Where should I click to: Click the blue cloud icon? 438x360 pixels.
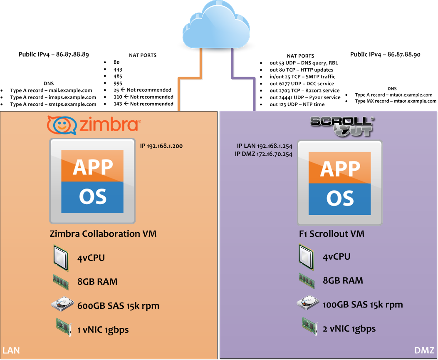coord(216,25)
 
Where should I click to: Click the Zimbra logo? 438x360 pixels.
coord(94,125)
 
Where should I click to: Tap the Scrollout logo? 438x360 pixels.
coord(342,127)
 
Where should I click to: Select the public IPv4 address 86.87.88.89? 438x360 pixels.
coord(54,54)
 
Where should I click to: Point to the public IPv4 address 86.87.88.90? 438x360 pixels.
coord(385,55)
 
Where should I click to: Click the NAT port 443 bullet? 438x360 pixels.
coord(118,70)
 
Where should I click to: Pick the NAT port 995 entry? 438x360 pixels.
coord(118,83)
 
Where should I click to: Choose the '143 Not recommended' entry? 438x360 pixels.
coord(144,104)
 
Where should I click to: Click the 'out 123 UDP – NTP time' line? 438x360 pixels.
coord(297,104)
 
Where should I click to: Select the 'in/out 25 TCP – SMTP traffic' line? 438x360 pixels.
coord(302,77)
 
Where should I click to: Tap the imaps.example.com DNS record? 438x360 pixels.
coord(53,97)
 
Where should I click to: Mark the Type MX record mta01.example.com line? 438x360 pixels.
coord(396,101)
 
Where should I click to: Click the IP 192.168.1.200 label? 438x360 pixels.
coord(161,146)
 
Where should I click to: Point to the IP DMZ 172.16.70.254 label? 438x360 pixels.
coord(263,154)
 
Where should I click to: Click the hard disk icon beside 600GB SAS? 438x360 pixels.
coord(62,304)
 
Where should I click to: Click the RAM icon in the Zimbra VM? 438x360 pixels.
coord(61,282)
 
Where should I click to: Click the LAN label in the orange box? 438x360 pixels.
coord(11,350)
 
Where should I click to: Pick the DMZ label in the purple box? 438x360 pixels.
coord(424,350)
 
